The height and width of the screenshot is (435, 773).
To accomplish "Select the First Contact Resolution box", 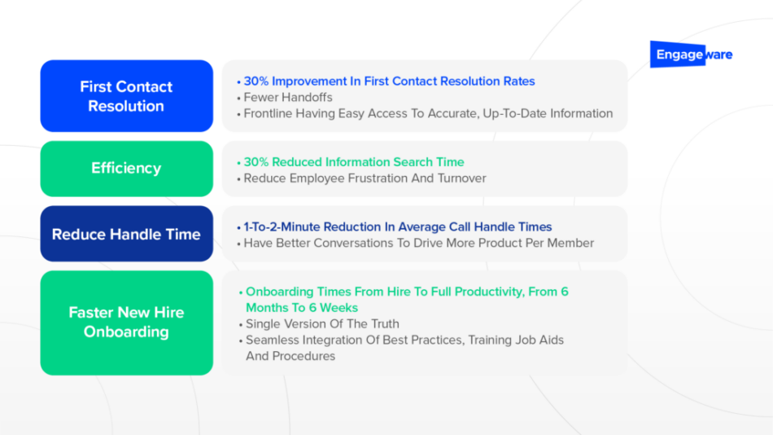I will [126, 96].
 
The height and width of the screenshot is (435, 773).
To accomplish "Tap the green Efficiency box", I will [126, 169].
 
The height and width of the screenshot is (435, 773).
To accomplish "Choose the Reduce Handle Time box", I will [126, 234].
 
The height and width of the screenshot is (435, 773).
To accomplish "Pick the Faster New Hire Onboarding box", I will [126, 323].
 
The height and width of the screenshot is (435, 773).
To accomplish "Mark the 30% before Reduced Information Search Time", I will [256, 162].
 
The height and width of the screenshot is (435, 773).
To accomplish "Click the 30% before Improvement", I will [256, 81].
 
